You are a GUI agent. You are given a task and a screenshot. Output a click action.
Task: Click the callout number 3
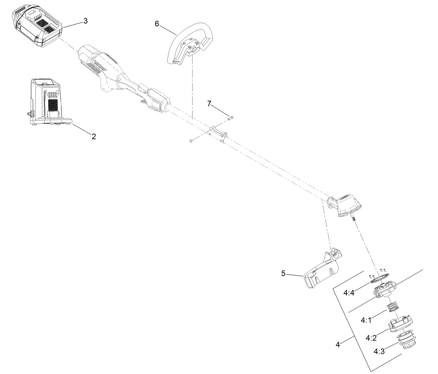[86, 21]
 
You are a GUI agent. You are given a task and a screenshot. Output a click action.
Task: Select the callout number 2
[94, 137]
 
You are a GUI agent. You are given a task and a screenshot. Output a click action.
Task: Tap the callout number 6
[157, 24]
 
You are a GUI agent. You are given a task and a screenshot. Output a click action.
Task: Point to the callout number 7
[209, 103]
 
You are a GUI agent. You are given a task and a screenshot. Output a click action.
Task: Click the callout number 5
[283, 273]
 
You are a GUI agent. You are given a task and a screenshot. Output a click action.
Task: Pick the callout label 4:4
[349, 293]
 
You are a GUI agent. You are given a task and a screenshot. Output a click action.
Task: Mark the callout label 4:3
[379, 351]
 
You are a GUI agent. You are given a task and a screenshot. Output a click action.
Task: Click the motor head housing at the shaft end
[347, 206]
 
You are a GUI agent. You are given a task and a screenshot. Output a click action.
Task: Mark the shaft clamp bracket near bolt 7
[217, 134]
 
